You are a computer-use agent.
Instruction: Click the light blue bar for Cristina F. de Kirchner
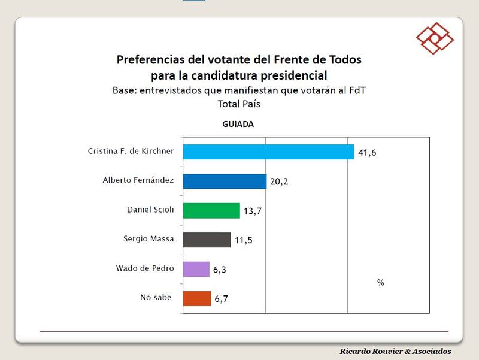coord(268,152)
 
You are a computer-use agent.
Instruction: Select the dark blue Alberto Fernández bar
coord(225,181)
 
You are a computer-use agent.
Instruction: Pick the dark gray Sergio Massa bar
coord(207,240)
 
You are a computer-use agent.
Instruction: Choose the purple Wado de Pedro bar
coord(196,269)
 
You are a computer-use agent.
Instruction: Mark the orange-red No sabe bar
coord(197,298)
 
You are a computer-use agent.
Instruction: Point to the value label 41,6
coord(368,153)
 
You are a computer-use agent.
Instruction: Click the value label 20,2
coord(279,182)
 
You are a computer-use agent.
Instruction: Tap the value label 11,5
coord(242,241)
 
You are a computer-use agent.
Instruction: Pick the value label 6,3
coord(219,270)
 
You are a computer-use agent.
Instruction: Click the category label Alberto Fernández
coord(138,180)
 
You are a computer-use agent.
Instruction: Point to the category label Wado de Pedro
coord(145,268)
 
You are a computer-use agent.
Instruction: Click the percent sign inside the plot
coord(381,283)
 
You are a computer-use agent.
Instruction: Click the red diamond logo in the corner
coord(435,38)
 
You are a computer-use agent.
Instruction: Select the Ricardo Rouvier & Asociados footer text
coord(395,352)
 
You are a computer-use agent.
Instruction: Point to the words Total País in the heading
coord(239,104)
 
